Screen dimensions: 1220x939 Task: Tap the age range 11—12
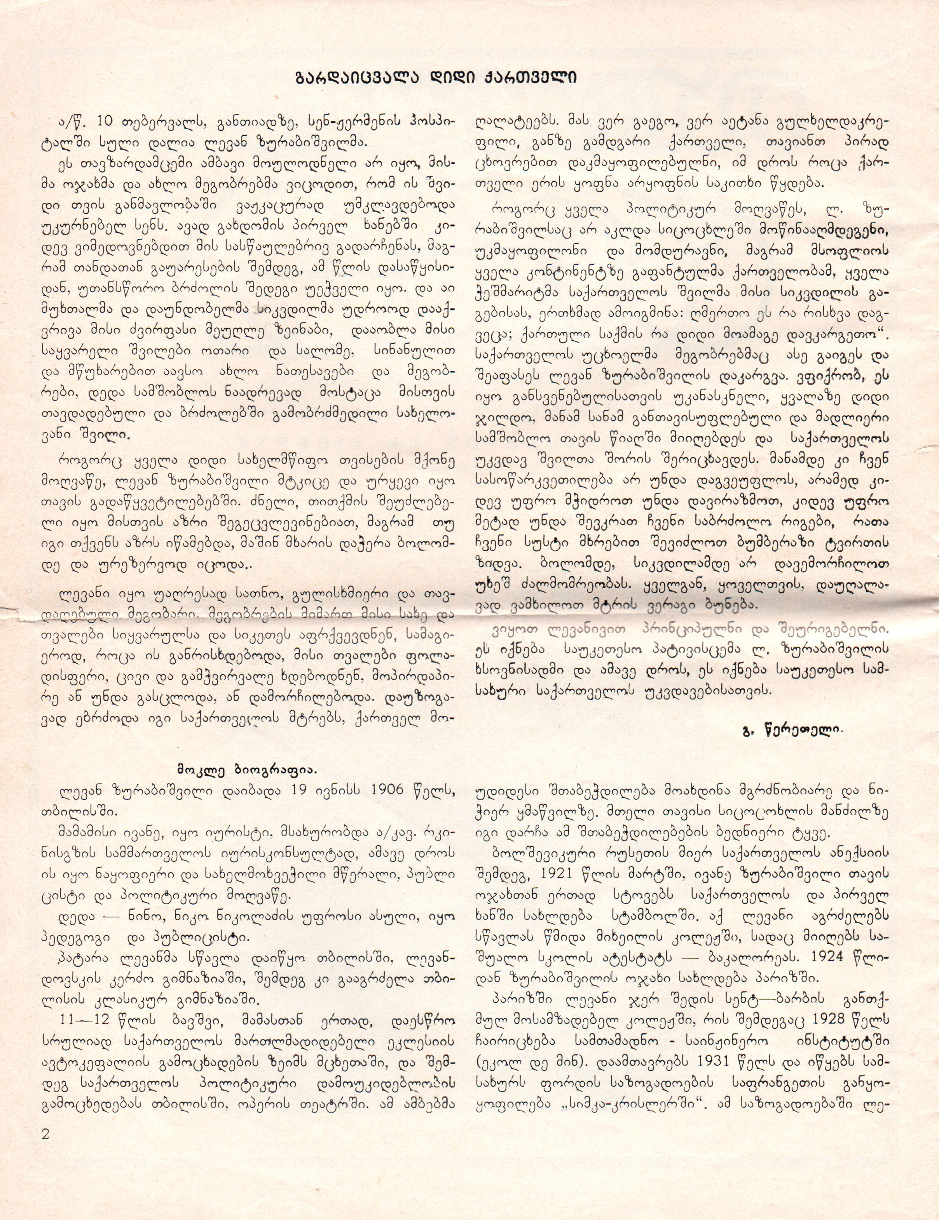click(x=84, y=1018)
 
